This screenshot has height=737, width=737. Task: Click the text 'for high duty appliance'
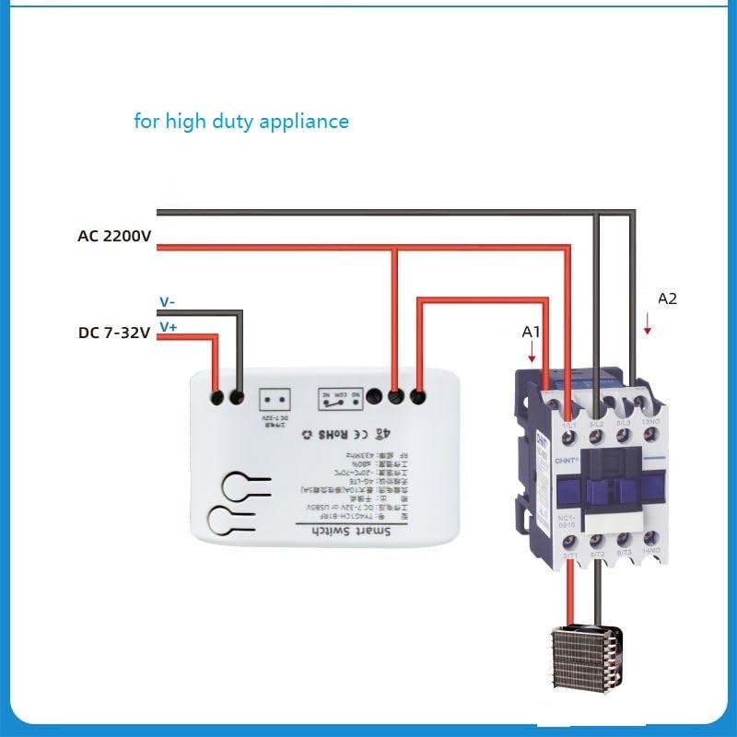coord(241,121)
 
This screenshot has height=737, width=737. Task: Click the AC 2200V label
coord(114,236)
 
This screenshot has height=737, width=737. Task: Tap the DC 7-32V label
coord(114,333)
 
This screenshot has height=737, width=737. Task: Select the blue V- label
coord(167,301)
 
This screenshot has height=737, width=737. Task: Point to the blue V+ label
coord(168,326)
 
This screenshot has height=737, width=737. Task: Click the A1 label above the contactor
coord(531,330)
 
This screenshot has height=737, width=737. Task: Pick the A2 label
coord(667,298)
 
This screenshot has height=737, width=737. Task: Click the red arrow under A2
coord(648,323)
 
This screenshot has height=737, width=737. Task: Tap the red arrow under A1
coord(532,352)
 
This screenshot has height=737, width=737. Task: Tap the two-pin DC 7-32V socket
coord(275,398)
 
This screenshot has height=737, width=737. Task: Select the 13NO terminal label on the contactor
coord(649,422)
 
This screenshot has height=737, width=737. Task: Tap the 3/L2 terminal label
coord(598,422)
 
